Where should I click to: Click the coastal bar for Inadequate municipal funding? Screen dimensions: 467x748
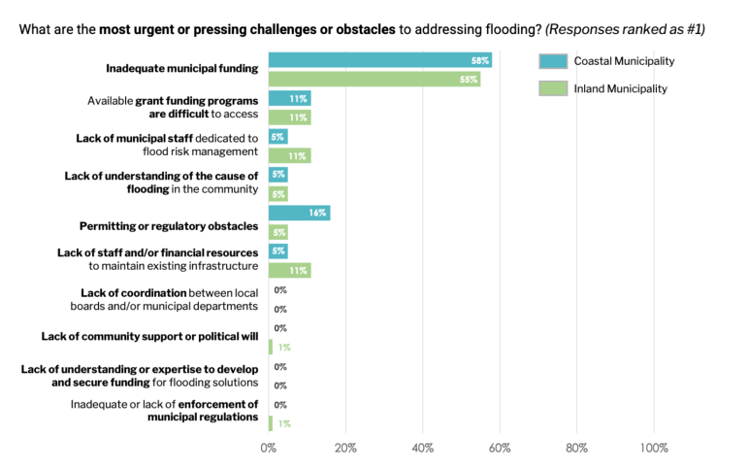pyautogui.click(x=378, y=60)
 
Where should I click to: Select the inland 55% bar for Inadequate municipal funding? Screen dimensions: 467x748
pyautogui.click(x=374, y=80)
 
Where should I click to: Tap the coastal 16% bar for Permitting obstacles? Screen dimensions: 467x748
pyautogui.click(x=299, y=213)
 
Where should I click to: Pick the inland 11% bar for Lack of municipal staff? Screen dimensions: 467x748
pyautogui.click(x=289, y=155)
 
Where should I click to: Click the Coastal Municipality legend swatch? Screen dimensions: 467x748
pyautogui.click(x=551, y=61)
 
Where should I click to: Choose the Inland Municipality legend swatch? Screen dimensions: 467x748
pyautogui.click(x=551, y=89)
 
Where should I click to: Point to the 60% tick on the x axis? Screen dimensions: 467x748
pyautogui.click(x=500, y=448)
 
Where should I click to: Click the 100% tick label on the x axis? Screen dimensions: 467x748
pyautogui.click(x=654, y=448)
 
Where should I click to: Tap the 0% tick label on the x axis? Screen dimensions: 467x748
pyautogui.click(x=269, y=448)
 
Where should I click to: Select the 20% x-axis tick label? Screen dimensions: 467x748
pyautogui.click(x=345, y=448)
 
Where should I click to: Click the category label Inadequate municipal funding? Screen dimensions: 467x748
pyautogui.click(x=182, y=69)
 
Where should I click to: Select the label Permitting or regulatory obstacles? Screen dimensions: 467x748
pyautogui.click(x=169, y=226)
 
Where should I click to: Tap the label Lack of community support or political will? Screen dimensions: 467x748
pyautogui.click(x=150, y=337)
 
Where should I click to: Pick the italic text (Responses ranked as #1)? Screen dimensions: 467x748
pyautogui.click(x=625, y=29)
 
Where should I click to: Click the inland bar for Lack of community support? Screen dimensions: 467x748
pyautogui.click(x=271, y=347)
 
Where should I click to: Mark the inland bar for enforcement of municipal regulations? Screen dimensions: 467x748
pyautogui.click(x=271, y=423)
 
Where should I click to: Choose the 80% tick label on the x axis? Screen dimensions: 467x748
pyautogui.click(x=576, y=448)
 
